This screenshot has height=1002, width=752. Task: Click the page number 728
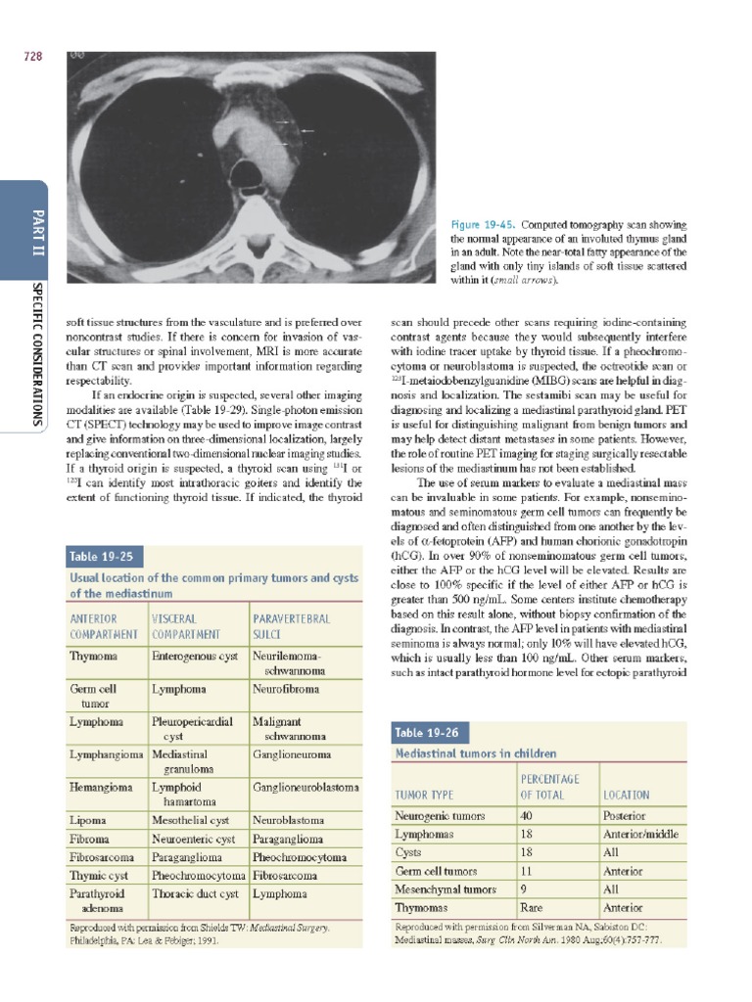click(x=33, y=57)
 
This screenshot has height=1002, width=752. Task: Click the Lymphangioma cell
click(x=107, y=754)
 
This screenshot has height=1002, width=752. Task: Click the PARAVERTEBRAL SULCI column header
click(x=292, y=625)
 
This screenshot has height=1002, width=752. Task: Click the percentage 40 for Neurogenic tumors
click(x=527, y=815)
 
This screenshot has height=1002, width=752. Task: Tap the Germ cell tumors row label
click(x=436, y=871)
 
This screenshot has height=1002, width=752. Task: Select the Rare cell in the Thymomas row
click(x=532, y=908)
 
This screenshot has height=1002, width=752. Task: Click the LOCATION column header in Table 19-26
click(x=627, y=795)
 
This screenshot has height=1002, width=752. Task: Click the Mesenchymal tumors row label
click(x=445, y=889)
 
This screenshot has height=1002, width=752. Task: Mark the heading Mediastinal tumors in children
click(x=475, y=754)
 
